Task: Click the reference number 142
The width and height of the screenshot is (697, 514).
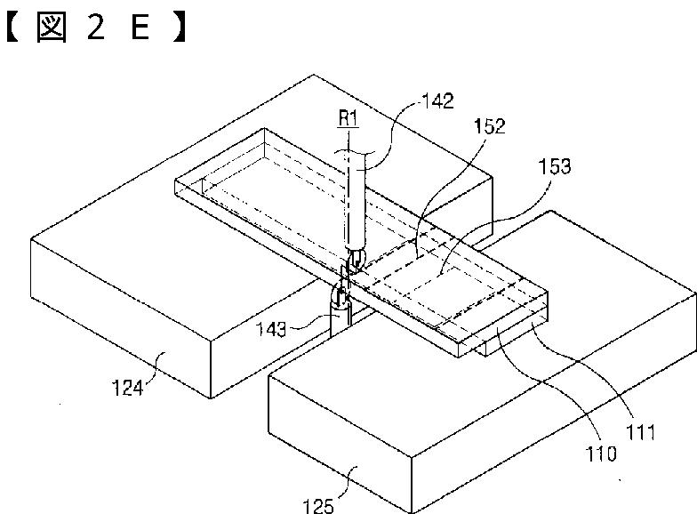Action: pyautogui.click(x=437, y=100)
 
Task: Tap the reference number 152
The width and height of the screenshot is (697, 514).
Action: pyautogui.click(x=488, y=126)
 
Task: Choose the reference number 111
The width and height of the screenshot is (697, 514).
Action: pyautogui.click(x=641, y=434)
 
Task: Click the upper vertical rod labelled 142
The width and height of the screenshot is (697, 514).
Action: pyautogui.click(x=355, y=200)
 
